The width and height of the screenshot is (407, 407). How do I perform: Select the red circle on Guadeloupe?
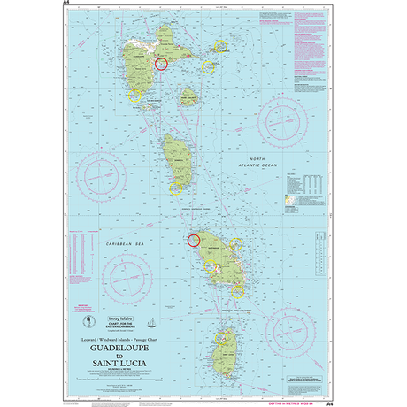[161, 64]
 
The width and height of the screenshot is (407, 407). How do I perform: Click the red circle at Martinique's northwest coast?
[193, 239]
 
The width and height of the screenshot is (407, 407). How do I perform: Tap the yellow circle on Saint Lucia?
[222, 338]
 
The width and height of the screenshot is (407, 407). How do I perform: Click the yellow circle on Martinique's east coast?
[236, 245]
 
